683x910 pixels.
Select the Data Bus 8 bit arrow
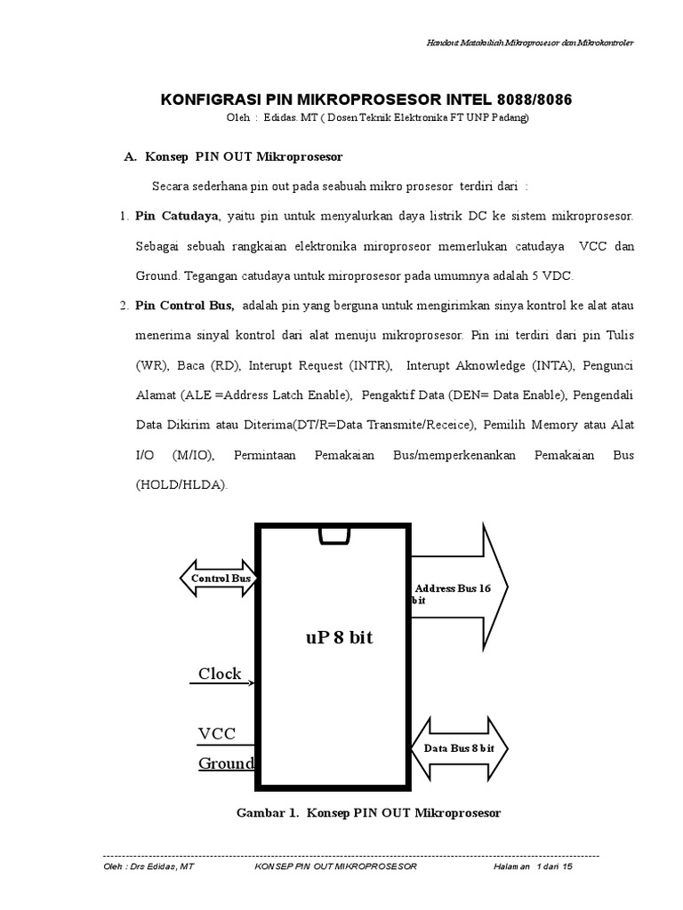(458, 748)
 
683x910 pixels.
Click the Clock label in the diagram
(220, 674)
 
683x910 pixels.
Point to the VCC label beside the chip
(217, 733)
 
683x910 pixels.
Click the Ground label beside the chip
(226, 763)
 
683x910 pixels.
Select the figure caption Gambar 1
(368, 812)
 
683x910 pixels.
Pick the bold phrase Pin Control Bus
(185, 307)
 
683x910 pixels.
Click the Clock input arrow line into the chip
(223, 683)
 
